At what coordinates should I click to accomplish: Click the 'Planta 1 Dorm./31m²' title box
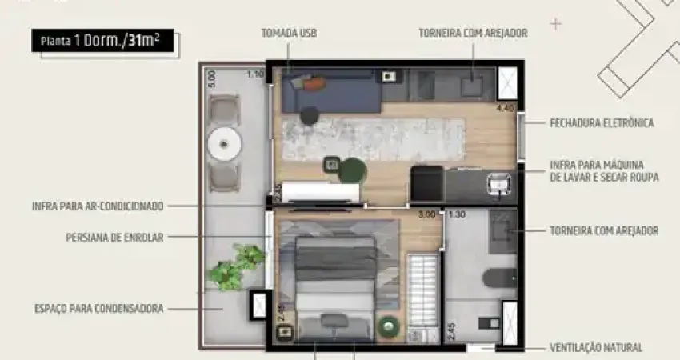tap(102, 41)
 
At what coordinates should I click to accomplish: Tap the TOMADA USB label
tap(289, 33)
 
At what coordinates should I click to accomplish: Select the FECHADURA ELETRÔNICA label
tap(602, 123)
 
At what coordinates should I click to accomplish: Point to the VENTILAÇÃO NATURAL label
tap(596, 348)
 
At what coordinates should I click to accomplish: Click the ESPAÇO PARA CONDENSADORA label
tap(99, 309)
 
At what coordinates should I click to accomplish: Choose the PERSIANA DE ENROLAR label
tap(114, 238)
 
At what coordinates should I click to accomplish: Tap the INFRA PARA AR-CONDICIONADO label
tap(98, 206)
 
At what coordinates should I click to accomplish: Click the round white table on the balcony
tap(224, 143)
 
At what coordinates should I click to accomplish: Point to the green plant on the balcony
tap(235, 266)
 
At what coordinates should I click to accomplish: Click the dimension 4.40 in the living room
tap(505, 107)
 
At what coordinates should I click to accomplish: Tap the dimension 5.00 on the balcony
tap(212, 79)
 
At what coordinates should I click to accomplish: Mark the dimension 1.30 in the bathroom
tap(457, 214)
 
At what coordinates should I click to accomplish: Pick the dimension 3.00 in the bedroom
tap(426, 214)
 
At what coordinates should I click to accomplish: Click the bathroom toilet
tap(500, 278)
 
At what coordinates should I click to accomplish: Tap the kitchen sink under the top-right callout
tap(472, 86)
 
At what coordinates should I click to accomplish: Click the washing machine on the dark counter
tap(498, 184)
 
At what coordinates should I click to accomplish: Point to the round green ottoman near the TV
tap(353, 170)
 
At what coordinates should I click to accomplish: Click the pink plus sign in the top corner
tap(555, 24)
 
